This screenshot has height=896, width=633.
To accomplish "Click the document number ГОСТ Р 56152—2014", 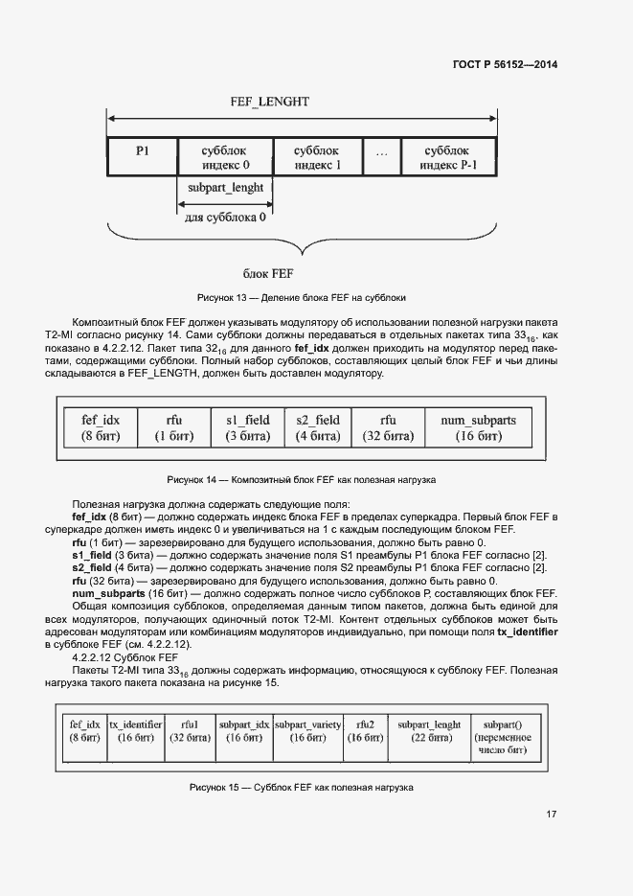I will [506, 64].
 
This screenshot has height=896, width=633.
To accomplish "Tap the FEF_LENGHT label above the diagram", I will [269, 102].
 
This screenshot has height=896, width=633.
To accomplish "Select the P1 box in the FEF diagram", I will [142, 157].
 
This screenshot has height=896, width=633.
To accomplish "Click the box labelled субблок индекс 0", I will [225, 157].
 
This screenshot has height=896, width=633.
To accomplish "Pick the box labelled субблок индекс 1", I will [317, 157].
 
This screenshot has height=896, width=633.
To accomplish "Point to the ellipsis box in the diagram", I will [381, 157].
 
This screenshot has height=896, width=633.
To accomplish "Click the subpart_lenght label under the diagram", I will [226, 188].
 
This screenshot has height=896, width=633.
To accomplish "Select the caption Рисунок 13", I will [302, 297].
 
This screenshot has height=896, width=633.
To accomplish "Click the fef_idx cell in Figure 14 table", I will [100, 428].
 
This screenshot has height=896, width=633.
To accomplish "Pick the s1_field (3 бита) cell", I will [248, 428].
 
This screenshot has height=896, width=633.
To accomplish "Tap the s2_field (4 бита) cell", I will [317, 428].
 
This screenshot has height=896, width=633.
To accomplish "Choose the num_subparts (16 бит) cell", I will [477, 428].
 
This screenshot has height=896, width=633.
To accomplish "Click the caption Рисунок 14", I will [302, 478].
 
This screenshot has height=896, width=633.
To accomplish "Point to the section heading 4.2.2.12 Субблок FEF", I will [125, 658].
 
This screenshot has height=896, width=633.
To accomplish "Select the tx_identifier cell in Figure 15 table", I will [135, 731].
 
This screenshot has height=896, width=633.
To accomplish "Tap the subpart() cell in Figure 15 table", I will [502, 738].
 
